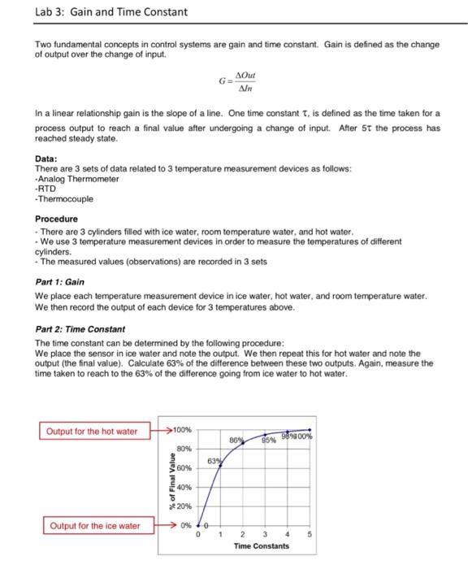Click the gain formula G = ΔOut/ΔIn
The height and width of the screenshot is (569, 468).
click(x=236, y=83)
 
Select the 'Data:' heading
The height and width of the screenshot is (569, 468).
click(x=47, y=159)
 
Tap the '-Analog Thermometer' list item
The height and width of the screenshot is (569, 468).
click(x=77, y=178)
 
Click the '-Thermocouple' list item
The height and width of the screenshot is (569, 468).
click(x=64, y=198)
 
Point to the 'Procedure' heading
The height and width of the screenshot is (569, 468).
click(x=57, y=219)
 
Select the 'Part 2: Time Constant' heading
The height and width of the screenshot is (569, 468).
click(x=80, y=328)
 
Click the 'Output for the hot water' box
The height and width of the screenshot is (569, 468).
click(x=92, y=431)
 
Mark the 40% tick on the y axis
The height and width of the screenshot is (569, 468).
click(x=184, y=487)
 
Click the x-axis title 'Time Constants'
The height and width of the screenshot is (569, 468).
click(x=261, y=546)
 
